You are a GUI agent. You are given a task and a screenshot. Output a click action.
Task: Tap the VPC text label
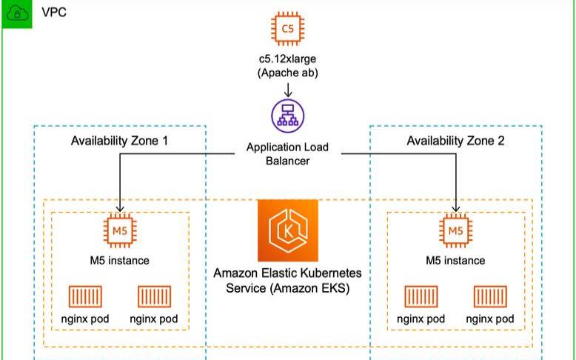coord(54,13)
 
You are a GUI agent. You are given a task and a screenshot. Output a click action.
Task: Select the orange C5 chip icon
coord(287,28)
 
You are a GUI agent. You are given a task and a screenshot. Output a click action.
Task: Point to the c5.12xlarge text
coord(287,59)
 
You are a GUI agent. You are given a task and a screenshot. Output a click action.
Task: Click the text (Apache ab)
coord(287,73)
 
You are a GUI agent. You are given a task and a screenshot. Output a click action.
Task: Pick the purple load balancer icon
coord(287,115)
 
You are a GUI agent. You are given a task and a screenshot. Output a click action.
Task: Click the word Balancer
coord(287,161)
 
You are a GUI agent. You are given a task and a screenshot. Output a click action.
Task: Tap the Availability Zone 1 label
coord(119,141)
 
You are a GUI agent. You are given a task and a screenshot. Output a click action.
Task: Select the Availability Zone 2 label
coord(455,141)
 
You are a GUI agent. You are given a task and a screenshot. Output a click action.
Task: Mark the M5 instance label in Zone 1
coord(119,260)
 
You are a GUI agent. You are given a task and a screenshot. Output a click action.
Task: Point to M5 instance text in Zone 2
coord(455,260)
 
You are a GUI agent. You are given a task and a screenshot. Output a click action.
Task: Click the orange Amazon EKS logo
coord(287,230)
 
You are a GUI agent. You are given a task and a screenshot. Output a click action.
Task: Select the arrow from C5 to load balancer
coord(287,89)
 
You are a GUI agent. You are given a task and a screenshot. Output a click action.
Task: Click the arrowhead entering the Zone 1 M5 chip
coord(119,208)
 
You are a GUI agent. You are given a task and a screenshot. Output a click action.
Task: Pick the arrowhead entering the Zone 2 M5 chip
coord(455,208)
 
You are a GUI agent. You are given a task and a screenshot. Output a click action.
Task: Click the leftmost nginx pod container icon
coord(84,297)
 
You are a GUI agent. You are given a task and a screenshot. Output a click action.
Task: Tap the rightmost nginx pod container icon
coord(490,297)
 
